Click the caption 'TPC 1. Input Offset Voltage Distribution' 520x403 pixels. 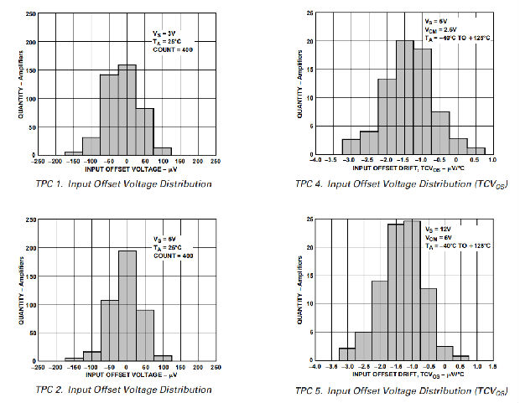click(x=123, y=183)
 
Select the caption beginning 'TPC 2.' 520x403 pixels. click(x=123, y=389)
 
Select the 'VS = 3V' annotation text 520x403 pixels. click(x=163, y=34)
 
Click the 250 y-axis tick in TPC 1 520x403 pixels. click(x=30, y=14)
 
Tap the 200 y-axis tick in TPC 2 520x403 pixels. click(x=30, y=249)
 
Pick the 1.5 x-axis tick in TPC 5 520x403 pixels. click(x=493, y=367)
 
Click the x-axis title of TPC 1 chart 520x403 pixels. click(x=126, y=170)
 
